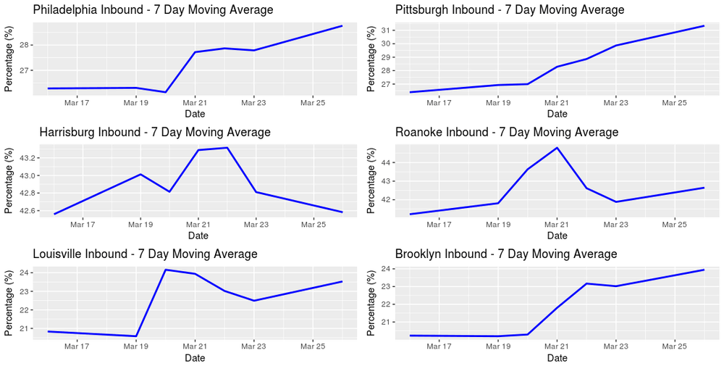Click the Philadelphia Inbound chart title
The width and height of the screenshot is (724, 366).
tap(153, 10)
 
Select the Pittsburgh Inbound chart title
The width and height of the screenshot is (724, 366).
tap(510, 10)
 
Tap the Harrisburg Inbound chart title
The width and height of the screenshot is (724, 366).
tap(155, 133)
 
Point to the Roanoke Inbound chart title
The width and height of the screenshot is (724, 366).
tap(507, 133)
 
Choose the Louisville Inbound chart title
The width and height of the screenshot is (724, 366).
tap(146, 254)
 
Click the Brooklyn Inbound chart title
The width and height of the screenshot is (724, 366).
tap(506, 254)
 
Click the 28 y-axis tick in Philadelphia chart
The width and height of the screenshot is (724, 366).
tap(22, 45)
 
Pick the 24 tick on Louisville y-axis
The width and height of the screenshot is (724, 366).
tap(22, 273)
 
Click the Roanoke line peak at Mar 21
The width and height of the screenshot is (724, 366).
tap(557, 148)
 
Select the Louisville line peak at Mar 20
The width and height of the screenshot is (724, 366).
tap(166, 270)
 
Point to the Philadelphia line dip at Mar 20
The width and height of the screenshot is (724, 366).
tap(166, 92)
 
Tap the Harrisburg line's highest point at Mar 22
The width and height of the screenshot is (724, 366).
tap(227, 148)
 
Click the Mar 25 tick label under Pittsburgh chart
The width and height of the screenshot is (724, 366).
tap(675, 103)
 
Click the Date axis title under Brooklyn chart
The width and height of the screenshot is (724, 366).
tap(557, 358)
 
